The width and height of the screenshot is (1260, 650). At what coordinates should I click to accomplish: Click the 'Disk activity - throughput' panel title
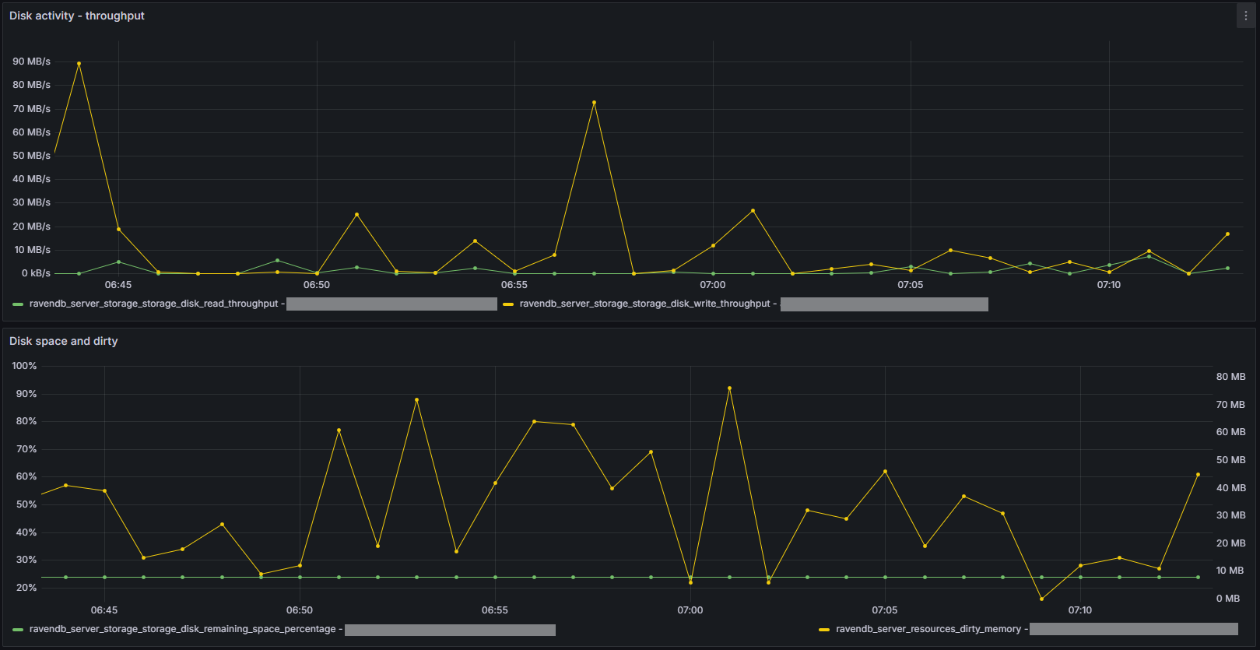[77, 16]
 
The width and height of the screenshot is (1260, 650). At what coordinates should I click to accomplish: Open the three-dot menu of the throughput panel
[1245, 16]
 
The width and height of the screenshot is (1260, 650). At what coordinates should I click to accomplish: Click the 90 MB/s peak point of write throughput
[79, 63]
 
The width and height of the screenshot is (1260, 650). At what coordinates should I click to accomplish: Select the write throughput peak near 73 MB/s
[594, 102]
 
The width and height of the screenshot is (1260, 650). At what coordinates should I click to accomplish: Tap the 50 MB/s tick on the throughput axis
[31, 156]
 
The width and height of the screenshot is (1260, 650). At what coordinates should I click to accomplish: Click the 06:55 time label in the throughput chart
[514, 285]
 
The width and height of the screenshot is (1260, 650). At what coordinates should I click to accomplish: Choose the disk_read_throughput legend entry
[153, 304]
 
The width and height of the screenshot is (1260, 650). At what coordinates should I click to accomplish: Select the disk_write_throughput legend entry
[644, 304]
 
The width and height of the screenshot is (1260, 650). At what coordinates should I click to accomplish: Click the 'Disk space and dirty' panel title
[64, 341]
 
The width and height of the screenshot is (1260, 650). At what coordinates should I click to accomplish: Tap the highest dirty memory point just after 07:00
[729, 388]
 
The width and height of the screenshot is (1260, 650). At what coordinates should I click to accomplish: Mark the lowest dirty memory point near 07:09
[1041, 599]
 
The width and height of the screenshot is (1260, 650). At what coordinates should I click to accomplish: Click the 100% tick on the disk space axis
[24, 366]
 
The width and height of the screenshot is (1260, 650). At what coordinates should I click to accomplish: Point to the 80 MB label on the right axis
[1230, 377]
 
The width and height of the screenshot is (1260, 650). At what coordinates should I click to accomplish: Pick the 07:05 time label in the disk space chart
[885, 610]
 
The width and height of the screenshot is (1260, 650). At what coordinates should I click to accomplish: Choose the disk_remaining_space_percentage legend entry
[182, 629]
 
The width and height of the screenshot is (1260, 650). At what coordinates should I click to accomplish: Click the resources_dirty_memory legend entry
[928, 629]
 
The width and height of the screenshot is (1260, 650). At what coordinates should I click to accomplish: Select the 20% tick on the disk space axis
[26, 588]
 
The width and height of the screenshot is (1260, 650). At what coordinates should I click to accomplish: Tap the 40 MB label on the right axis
[1230, 488]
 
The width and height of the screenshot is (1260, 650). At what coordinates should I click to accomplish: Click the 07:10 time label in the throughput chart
[1109, 285]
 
